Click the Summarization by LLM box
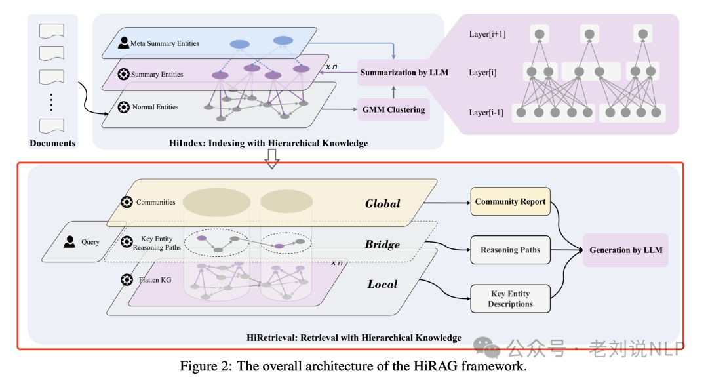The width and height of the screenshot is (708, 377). pos(404,72)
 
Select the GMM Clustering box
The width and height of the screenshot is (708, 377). pos(393,109)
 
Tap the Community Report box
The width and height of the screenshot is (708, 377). pos(510,201)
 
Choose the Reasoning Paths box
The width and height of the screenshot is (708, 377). pos(510,250)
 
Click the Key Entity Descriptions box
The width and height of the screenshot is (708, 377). pos(510,299)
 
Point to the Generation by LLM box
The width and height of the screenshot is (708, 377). pos(625,250)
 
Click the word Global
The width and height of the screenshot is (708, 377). pos(382,203)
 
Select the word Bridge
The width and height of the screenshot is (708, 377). pos(382,245)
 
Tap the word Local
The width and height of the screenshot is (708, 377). pos(382,284)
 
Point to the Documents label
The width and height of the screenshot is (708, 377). pos(52,143)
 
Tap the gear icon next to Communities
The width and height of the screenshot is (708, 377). pos(126,202)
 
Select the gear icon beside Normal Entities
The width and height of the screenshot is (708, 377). pos(123,106)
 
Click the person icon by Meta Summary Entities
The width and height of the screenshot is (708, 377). pos(124,43)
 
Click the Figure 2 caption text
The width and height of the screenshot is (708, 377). pos(353,366)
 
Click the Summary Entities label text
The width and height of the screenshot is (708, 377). pos(157,74)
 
